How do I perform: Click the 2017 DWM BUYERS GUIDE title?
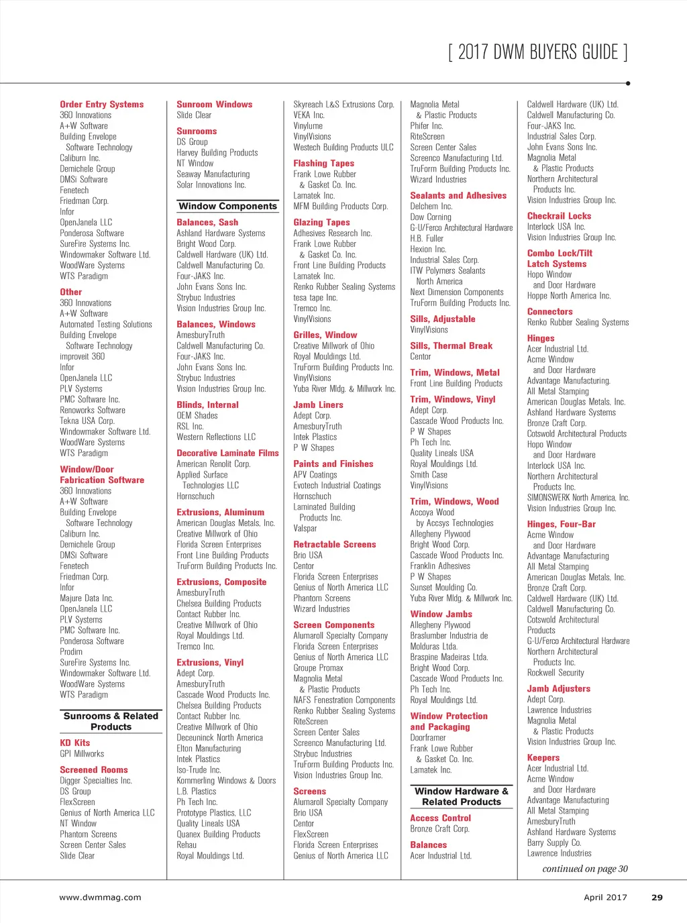click(x=537, y=52)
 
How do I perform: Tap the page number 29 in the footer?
click(x=657, y=897)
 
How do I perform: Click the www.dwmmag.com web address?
click(x=100, y=897)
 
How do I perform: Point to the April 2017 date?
click(x=605, y=897)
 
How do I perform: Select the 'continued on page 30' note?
click(x=585, y=869)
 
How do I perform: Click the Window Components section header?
click(x=227, y=206)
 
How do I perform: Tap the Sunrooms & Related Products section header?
click(x=111, y=721)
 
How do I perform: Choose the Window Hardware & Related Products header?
click(x=462, y=796)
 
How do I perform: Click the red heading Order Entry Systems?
click(x=101, y=104)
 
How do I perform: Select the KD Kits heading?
click(x=74, y=743)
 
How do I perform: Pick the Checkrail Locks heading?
click(x=559, y=216)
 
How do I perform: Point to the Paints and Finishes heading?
click(x=333, y=464)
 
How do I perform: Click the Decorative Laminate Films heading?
click(x=227, y=453)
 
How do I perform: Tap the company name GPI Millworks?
click(x=82, y=754)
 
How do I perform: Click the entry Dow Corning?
click(x=431, y=217)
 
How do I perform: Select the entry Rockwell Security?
click(x=556, y=672)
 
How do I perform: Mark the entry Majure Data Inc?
click(x=87, y=598)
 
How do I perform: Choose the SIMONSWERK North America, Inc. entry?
click(x=578, y=497)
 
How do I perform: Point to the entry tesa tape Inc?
click(x=315, y=297)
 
